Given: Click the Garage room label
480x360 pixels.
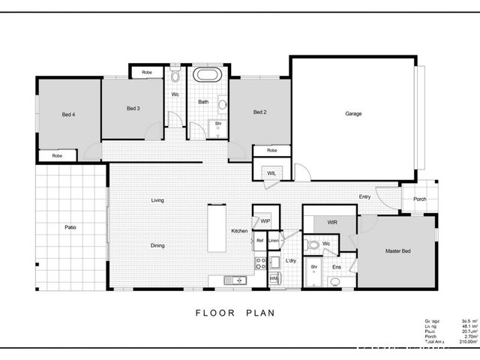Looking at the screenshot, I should coord(353,114).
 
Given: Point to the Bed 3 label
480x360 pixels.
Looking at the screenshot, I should coord(133,109).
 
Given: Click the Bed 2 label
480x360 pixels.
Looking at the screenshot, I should coord(259,112).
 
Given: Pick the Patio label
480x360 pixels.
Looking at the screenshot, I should coord(70,226).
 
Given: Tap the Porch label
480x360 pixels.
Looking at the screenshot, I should coord(419,199).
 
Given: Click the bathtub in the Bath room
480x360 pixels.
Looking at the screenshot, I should coord(205,76).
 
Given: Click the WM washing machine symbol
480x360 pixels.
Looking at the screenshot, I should coord(274,278).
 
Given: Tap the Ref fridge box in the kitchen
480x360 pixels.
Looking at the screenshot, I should coord(259,240).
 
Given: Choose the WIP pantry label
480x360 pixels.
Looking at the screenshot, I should coord(265,221).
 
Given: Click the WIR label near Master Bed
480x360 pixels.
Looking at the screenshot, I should coord(331,222).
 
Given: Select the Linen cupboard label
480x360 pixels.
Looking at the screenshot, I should coord(274,240).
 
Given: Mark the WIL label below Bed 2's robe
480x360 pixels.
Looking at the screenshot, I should coord(271,173).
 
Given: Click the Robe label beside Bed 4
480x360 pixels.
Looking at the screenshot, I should coord(57,155).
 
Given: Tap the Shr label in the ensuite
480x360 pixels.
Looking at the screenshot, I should coord(314,267).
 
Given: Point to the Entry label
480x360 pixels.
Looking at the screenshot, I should coord(364,196).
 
